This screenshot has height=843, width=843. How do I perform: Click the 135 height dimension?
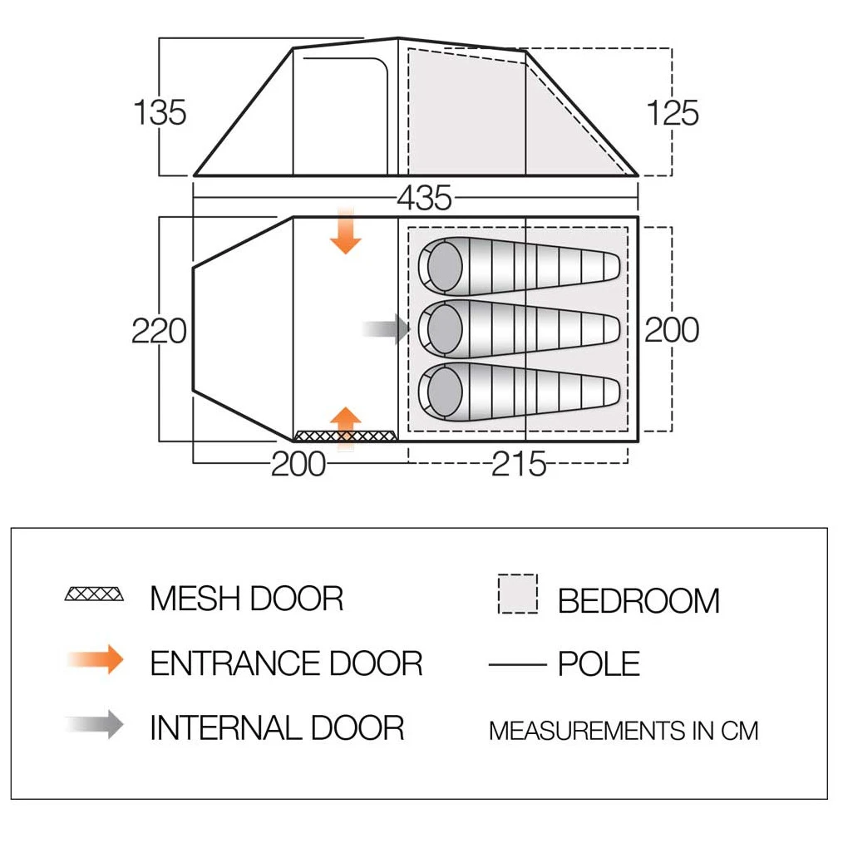(160, 112)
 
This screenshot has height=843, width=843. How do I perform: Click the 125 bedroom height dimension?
(673, 112)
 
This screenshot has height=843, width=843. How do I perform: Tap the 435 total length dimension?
(424, 198)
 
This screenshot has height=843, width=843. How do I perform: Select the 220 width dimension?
(159, 331)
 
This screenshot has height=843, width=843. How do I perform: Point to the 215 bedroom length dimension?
(519, 464)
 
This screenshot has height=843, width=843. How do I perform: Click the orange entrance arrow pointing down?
(345, 233)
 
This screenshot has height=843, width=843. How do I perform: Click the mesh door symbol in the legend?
(94, 595)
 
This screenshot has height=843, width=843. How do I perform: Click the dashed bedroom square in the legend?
(517, 594)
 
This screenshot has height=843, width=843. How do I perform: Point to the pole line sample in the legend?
(517, 664)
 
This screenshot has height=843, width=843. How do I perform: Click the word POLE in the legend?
(599, 664)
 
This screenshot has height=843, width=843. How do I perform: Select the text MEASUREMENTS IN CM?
(624, 731)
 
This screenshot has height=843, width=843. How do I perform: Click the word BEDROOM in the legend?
(638, 600)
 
